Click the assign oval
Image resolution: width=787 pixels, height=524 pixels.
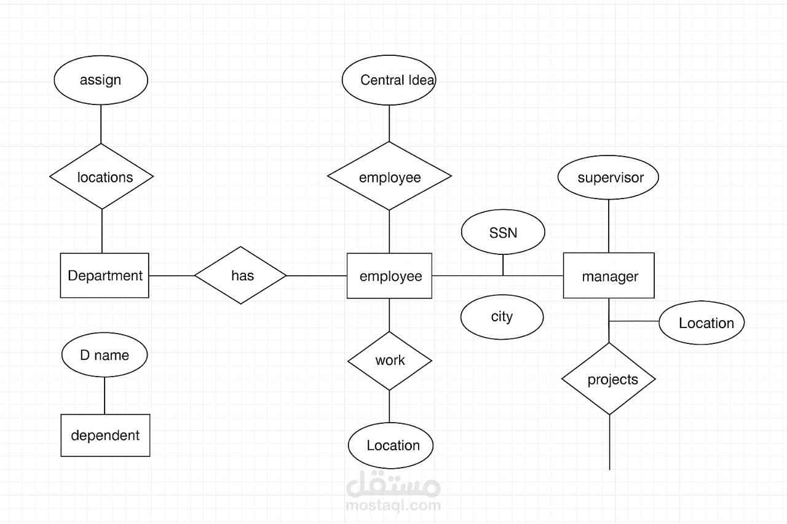(x=101, y=80)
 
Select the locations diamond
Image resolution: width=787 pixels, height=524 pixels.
(x=101, y=176)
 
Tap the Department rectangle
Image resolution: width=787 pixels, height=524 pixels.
(x=105, y=275)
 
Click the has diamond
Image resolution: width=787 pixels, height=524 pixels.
(x=240, y=275)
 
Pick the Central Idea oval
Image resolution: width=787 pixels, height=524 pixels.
(x=389, y=80)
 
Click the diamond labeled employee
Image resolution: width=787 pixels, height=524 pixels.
(x=389, y=176)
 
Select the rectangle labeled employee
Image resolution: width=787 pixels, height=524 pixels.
(x=389, y=276)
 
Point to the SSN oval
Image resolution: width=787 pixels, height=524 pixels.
(x=503, y=232)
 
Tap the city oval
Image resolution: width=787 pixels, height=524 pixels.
(x=502, y=317)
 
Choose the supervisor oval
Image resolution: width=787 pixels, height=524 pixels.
(x=609, y=178)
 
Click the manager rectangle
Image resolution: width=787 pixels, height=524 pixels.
(x=609, y=275)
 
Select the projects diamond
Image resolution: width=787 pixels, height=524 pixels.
(x=609, y=379)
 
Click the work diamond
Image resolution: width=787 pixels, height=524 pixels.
(x=390, y=361)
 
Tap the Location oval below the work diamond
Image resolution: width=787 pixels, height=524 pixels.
(x=390, y=445)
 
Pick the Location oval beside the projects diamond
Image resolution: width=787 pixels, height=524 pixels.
(x=702, y=323)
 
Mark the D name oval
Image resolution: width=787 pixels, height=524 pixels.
(x=105, y=355)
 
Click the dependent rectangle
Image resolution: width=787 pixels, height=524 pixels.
(x=105, y=435)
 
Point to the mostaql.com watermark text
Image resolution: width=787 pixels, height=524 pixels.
(x=393, y=506)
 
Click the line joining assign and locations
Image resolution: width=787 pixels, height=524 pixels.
(x=101, y=124)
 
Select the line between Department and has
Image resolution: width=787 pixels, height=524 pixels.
(x=172, y=275)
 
